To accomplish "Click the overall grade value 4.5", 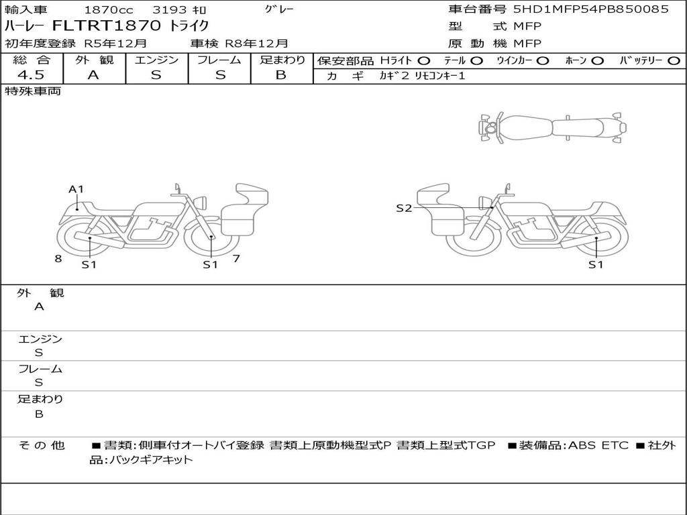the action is point(31,75).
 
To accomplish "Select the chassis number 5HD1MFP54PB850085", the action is point(590,9).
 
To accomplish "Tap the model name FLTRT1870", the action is point(107,25).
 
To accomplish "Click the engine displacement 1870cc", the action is point(109,9).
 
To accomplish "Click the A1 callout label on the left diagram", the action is point(76,189).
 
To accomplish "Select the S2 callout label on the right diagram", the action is point(404,209).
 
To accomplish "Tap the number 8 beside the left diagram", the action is point(58,259).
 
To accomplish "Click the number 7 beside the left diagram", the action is point(236,259).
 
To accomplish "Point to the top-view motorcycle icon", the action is point(552,127).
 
